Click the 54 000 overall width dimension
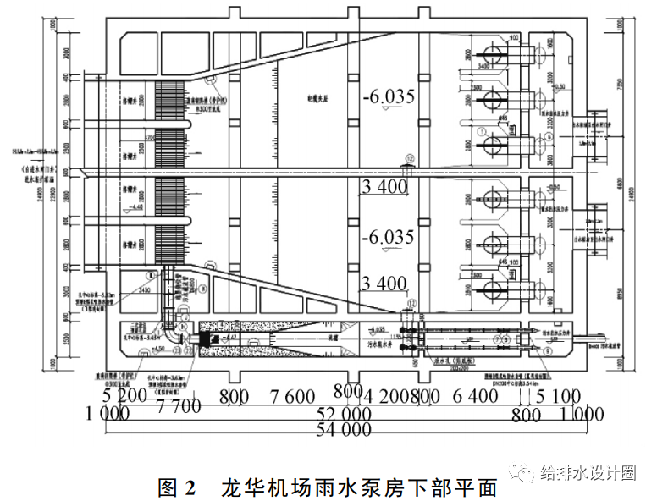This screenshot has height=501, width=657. (x=344, y=430)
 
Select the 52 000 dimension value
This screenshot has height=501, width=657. (x=345, y=414)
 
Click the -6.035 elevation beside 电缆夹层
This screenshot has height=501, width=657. (x=387, y=97)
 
